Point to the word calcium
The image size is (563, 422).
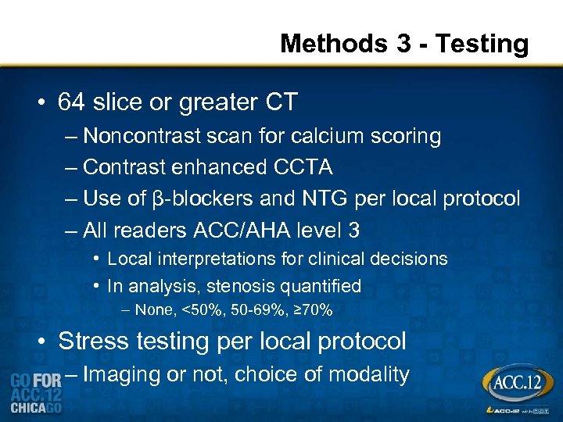pyautogui.click(x=324, y=136)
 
